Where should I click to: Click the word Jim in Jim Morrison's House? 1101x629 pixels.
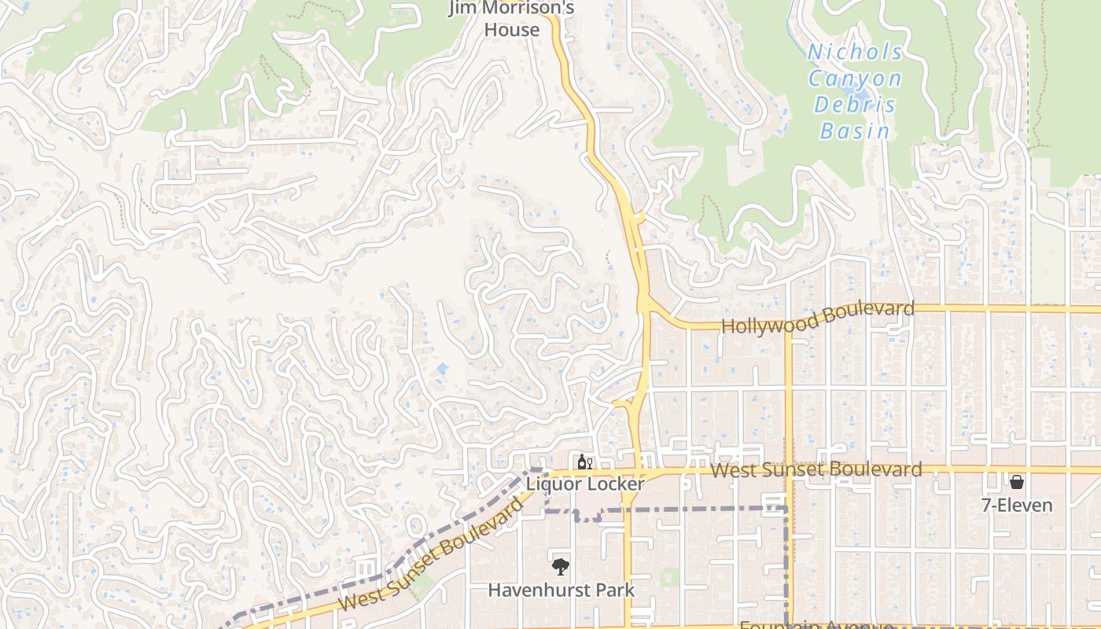point(464,9)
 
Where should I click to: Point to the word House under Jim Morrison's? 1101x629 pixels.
point(512,30)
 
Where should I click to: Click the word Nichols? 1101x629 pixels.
point(856,53)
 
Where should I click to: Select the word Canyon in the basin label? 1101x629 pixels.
point(855,79)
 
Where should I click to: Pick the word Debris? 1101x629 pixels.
point(855,105)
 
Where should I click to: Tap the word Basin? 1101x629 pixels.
point(855,131)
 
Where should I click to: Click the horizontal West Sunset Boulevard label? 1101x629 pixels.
point(816,470)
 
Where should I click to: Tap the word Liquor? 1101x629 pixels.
point(553,484)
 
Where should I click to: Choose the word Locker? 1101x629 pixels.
point(615,484)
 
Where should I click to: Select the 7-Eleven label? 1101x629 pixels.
point(1017,505)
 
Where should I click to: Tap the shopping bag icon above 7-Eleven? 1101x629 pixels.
point(1017,481)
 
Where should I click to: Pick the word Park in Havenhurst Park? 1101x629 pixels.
point(616,589)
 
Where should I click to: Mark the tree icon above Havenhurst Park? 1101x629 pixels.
point(561,566)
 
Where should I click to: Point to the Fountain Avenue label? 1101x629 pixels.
point(816,625)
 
